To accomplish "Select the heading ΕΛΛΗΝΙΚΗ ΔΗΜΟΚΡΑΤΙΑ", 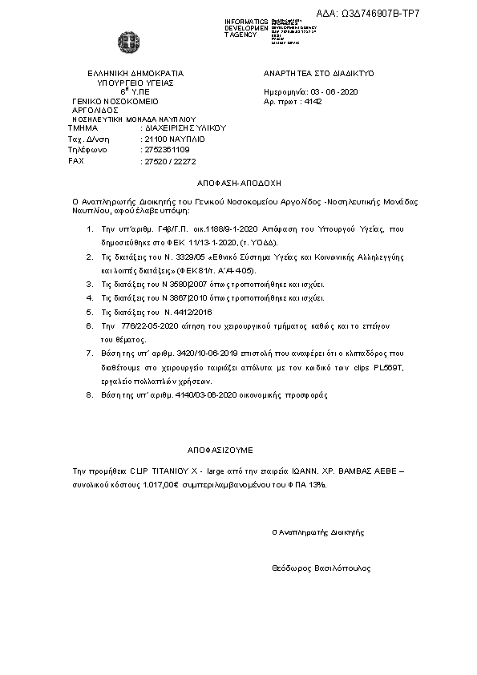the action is [x=130, y=73].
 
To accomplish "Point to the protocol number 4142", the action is [x=313, y=103].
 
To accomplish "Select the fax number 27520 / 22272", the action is [x=168, y=161].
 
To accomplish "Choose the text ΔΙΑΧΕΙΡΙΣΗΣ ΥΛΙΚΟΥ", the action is [x=185, y=127].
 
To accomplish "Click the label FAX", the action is [x=76, y=161].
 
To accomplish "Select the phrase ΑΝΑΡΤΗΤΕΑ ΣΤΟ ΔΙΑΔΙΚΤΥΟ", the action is [x=318, y=73].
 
